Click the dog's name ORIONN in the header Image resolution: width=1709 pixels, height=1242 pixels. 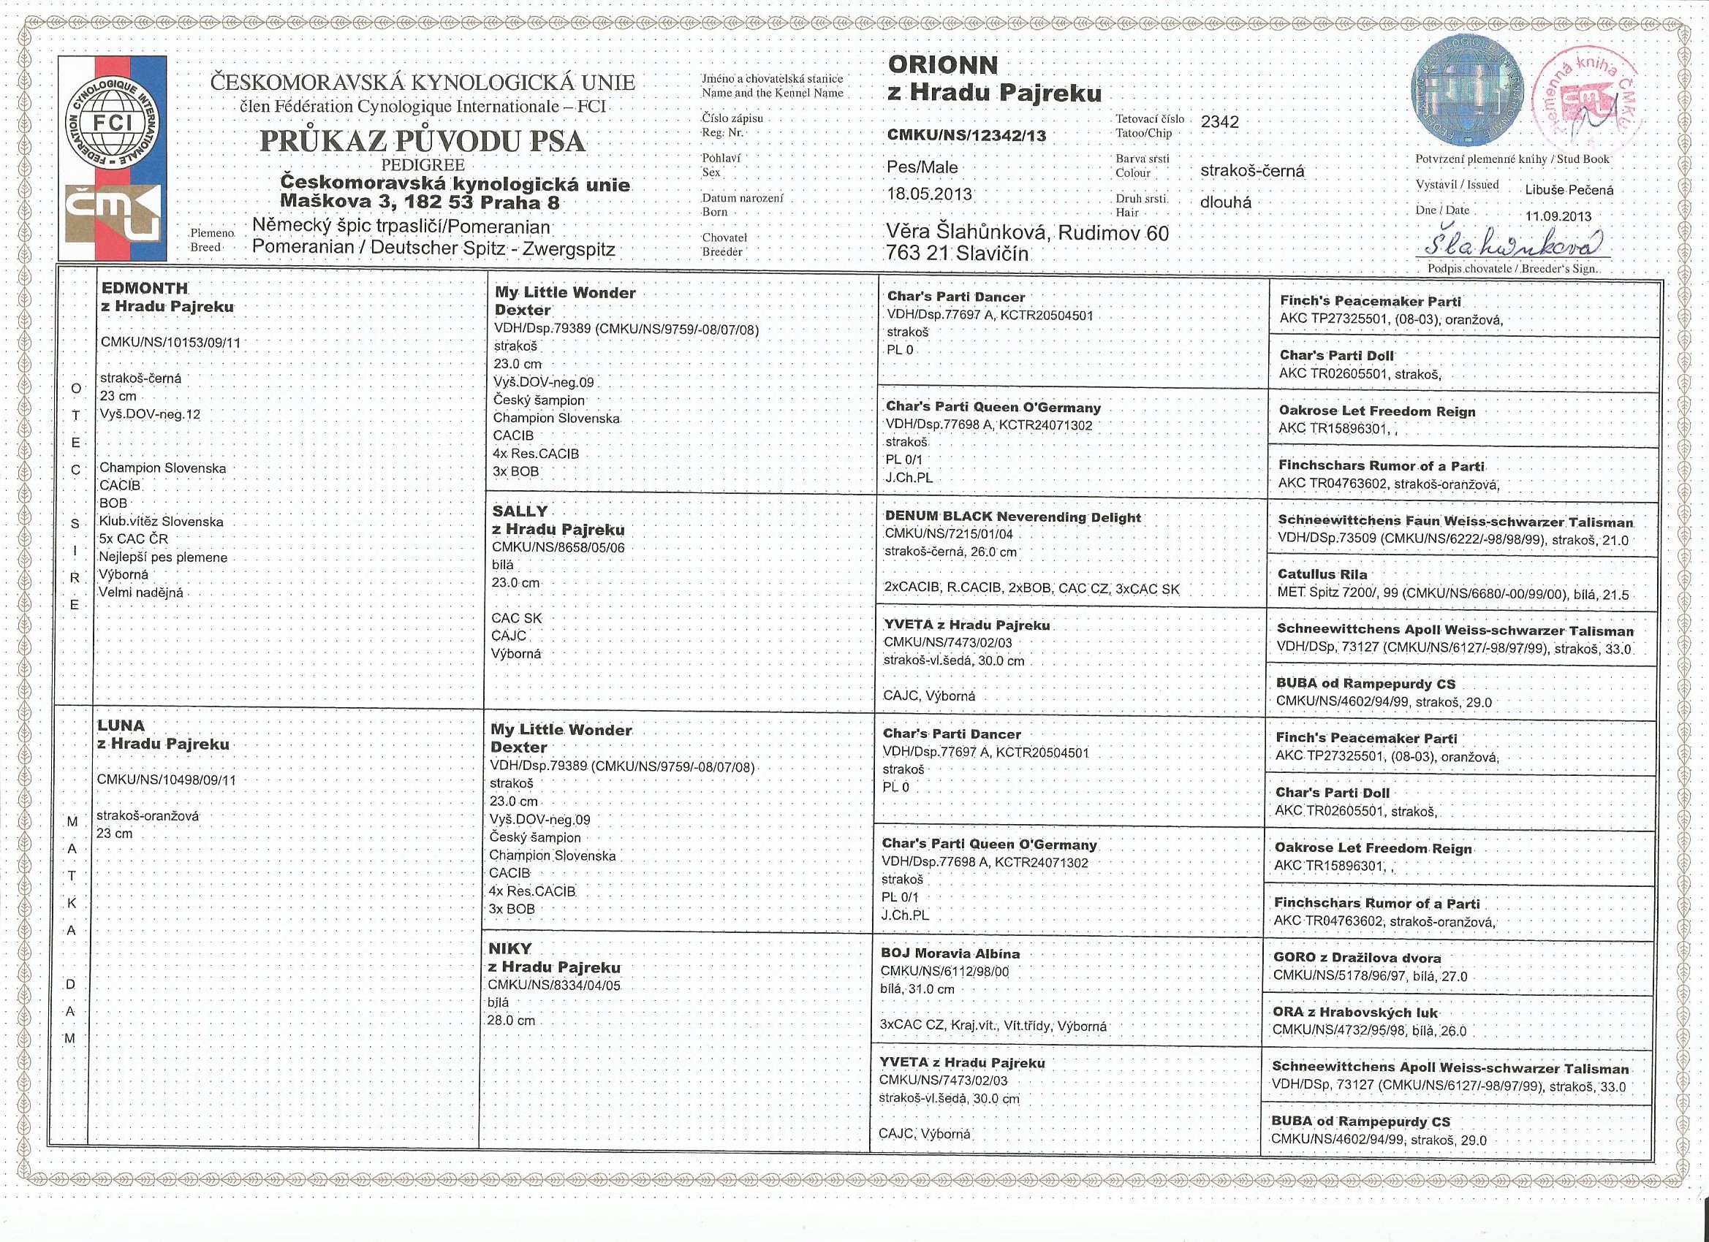coord(943,65)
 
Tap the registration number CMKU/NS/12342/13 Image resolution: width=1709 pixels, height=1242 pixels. coord(967,136)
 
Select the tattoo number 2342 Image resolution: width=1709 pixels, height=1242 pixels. coord(1220,122)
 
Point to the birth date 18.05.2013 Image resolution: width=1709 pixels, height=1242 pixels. coord(930,194)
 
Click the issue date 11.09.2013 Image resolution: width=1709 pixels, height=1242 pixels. coord(1558,216)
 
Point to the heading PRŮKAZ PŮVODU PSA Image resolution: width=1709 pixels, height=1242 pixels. coord(422,141)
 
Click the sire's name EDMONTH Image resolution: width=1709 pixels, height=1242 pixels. coord(145,289)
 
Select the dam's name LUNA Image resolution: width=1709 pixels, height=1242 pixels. coord(121,725)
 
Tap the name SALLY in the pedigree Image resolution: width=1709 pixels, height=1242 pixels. coord(520,511)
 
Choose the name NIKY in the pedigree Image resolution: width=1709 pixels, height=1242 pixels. coord(510,948)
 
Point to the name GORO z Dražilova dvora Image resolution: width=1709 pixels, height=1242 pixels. coord(1357,958)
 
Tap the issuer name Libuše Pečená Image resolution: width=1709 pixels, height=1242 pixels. coord(1569,190)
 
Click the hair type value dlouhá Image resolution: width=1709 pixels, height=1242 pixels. coord(1225,202)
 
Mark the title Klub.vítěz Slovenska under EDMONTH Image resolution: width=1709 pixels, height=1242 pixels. coord(162,521)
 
